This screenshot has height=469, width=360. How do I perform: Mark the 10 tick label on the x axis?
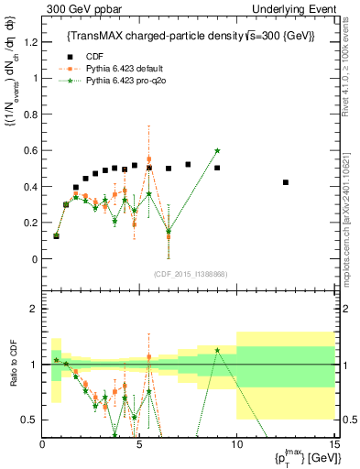(x=236, y=444)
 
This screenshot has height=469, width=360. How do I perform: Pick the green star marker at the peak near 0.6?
(x=217, y=150)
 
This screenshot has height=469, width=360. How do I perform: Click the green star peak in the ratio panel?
(x=217, y=350)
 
